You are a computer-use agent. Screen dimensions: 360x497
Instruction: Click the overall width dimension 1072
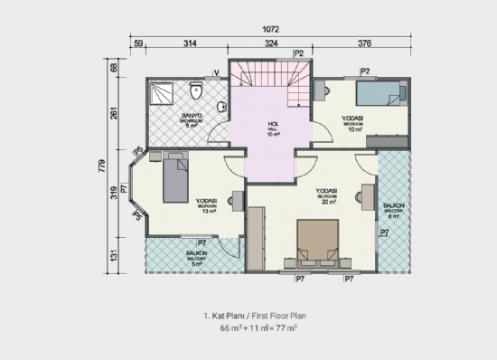click(x=271, y=28)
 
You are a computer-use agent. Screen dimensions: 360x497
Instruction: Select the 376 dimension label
click(x=364, y=43)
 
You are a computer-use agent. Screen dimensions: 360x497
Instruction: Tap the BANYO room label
click(x=191, y=116)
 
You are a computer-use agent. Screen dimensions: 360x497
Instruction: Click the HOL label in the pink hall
click(x=272, y=124)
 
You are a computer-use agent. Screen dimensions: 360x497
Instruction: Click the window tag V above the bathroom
click(x=217, y=71)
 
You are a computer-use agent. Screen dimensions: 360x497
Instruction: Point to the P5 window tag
click(x=137, y=150)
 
